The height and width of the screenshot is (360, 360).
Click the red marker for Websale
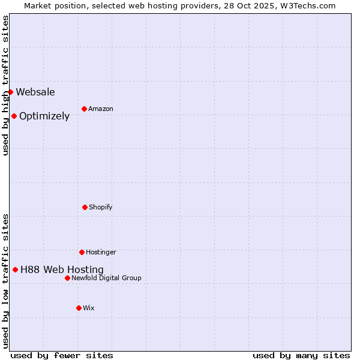pyautogui.click(x=10, y=92)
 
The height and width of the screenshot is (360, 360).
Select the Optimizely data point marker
pyautogui.click(x=14, y=116)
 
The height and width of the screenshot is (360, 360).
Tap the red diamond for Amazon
pyautogui.click(x=84, y=109)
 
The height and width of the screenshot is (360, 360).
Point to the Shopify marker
pyautogui.click(x=85, y=207)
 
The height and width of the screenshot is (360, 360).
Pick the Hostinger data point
pyautogui.click(x=82, y=252)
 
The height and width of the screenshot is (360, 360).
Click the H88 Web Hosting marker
pyautogui.click(x=15, y=269)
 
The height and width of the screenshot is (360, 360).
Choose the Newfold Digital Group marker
pyautogui.click(x=67, y=278)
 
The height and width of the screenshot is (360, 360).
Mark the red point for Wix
pyautogui.click(x=79, y=308)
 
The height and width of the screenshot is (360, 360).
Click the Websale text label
pyautogui.click(x=35, y=92)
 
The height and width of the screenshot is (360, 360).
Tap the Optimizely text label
pyautogui.click(x=44, y=116)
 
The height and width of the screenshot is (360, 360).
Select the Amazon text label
pyautogui.click(x=101, y=109)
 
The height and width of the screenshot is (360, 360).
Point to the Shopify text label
pyautogui.click(x=101, y=207)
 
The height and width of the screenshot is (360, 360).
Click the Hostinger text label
pyautogui.click(x=101, y=252)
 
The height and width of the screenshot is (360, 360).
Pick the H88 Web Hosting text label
pyautogui.click(x=62, y=269)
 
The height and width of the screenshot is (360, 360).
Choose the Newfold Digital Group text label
pyautogui.click(x=106, y=278)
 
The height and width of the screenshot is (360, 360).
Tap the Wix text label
pyautogui.click(x=89, y=308)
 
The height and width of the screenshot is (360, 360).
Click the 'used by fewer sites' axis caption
pyautogui.click(x=62, y=355)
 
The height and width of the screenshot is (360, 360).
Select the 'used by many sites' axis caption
pyautogui.click(x=301, y=355)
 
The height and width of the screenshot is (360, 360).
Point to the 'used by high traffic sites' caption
pyautogui.click(x=5, y=85)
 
